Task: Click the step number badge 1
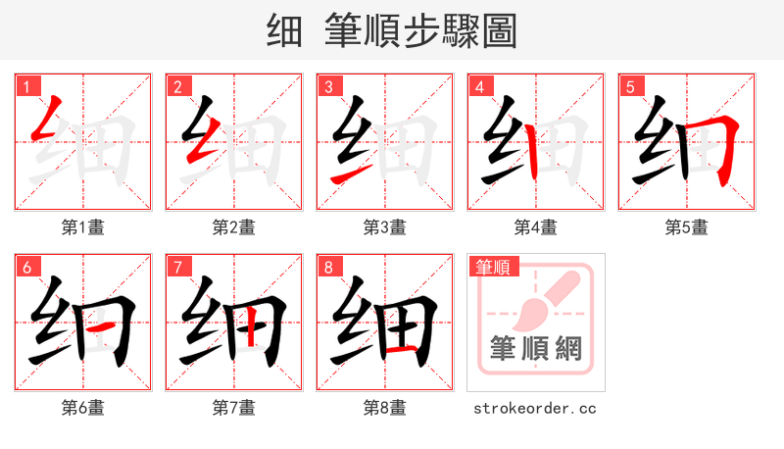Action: (26, 87)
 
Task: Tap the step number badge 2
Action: (177, 87)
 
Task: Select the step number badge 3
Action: (328, 87)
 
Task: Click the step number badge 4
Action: (479, 87)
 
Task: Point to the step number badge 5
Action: (630, 87)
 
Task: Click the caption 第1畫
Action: (83, 227)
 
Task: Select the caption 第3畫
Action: (385, 227)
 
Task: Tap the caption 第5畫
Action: (687, 227)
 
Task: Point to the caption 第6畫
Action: (83, 408)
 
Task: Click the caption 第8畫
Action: (385, 408)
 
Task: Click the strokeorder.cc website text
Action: (535, 408)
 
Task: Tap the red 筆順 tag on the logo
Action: (494, 267)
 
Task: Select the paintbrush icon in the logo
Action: (544, 299)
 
